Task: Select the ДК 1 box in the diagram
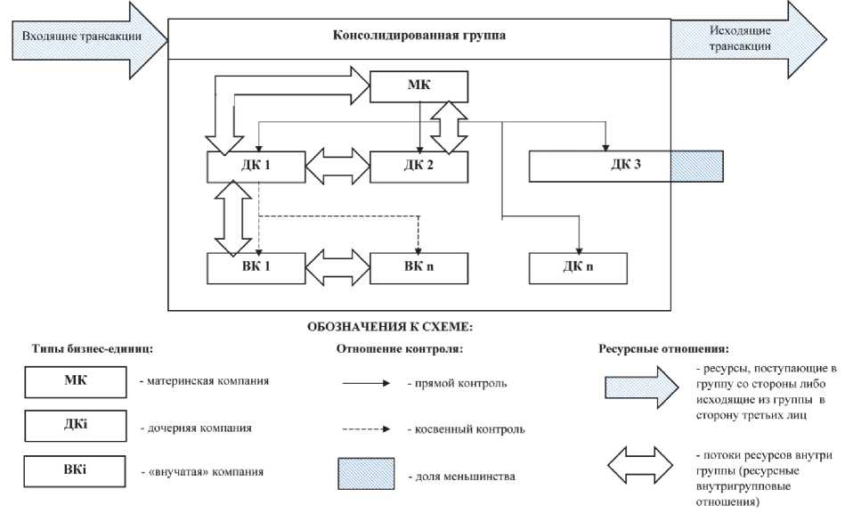(256, 166)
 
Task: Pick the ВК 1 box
(256, 267)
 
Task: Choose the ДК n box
(578, 267)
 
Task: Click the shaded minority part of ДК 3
(696, 166)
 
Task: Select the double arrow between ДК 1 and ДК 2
(337, 166)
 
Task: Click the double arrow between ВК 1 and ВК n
(337, 267)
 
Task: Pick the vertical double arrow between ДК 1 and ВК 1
(233, 216)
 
